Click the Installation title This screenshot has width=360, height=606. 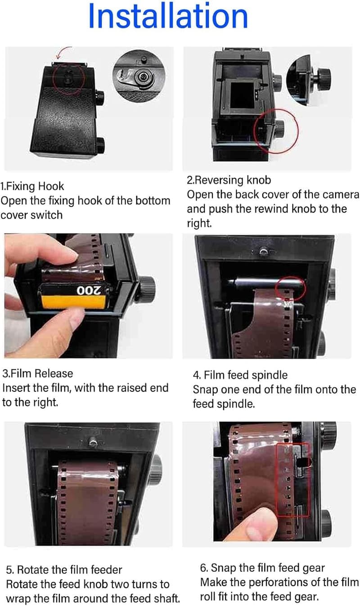point(168,17)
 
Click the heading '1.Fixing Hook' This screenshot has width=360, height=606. point(32,186)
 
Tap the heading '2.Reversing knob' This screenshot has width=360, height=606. point(229,180)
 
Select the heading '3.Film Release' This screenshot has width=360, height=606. point(37,373)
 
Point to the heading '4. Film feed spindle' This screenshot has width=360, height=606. point(240,375)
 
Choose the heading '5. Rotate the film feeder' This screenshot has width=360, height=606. point(64,570)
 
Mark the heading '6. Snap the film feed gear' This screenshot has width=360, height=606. point(262,568)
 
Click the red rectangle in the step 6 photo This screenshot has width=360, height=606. point(292,480)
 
